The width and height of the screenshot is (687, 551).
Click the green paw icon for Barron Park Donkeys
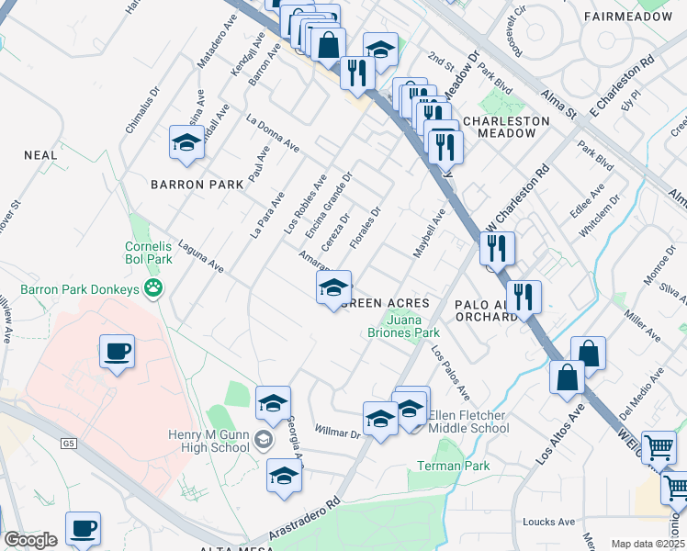pos(153,289)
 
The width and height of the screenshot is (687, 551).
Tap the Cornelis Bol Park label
pos(149,253)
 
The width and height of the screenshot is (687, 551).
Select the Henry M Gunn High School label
pos(208,441)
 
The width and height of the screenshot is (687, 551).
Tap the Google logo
pos(30,540)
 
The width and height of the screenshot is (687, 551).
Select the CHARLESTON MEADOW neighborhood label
pos(500,127)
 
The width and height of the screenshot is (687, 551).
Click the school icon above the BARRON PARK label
pos(186,143)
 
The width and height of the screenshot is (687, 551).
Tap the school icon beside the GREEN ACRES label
pos(334,287)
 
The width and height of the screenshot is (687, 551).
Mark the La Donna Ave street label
pos(274,133)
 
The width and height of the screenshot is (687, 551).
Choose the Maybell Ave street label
pos(428,233)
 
